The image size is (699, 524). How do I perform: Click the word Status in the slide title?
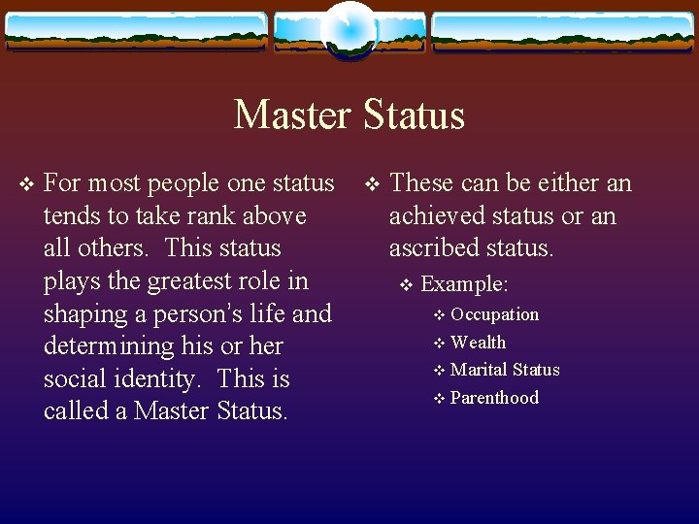tap(415, 115)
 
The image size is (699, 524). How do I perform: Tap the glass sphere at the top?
tap(349, 28)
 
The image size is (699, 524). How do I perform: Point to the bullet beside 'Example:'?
tap(407, 285)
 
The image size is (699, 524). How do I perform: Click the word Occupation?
tap(494, 314)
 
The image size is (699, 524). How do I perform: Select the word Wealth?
tap(478, 342)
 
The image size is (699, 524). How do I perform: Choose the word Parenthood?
tap(494, 398)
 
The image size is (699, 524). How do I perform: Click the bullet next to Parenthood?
tap(440, 398)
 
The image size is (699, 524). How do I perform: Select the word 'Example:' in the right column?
tap(465, 285)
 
